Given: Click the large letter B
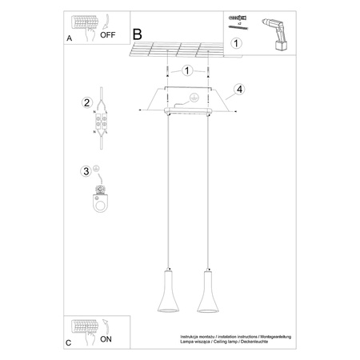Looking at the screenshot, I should click(137, 34).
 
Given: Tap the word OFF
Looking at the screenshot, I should click(107, 34).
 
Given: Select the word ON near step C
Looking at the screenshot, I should click(106, 339).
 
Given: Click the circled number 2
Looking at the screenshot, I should click(86, 102).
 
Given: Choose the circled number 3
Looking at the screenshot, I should click(86, 170).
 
